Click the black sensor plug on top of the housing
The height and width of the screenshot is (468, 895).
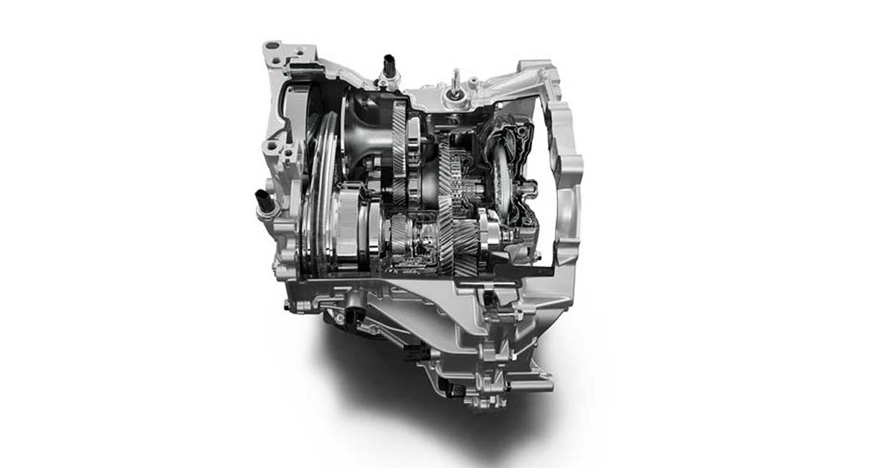pos(389,64)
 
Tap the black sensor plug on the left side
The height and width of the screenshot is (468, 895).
pos(263,200)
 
